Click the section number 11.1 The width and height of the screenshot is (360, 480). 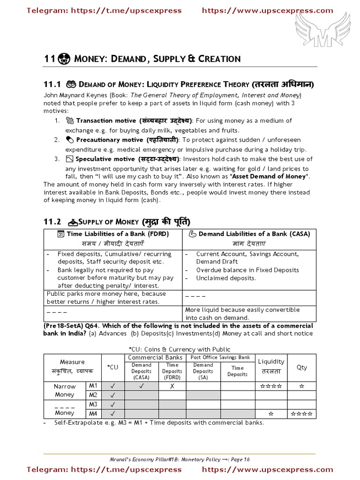click(x=52, y=84)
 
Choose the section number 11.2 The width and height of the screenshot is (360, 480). click(x=52, y=221)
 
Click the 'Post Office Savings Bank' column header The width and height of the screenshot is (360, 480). click(x=220, y=358)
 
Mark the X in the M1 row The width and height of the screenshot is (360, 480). click(x=172, y=386)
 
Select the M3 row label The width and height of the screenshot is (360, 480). click(x=93, y=404)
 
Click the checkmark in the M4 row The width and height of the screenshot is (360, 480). click(x=112, y=413)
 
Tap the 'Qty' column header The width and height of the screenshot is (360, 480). click(x=302, y=367)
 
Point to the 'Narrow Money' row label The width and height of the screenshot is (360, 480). click(x=65, y=390)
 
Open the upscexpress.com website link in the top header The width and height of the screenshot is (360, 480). click(x=268, y=10)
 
